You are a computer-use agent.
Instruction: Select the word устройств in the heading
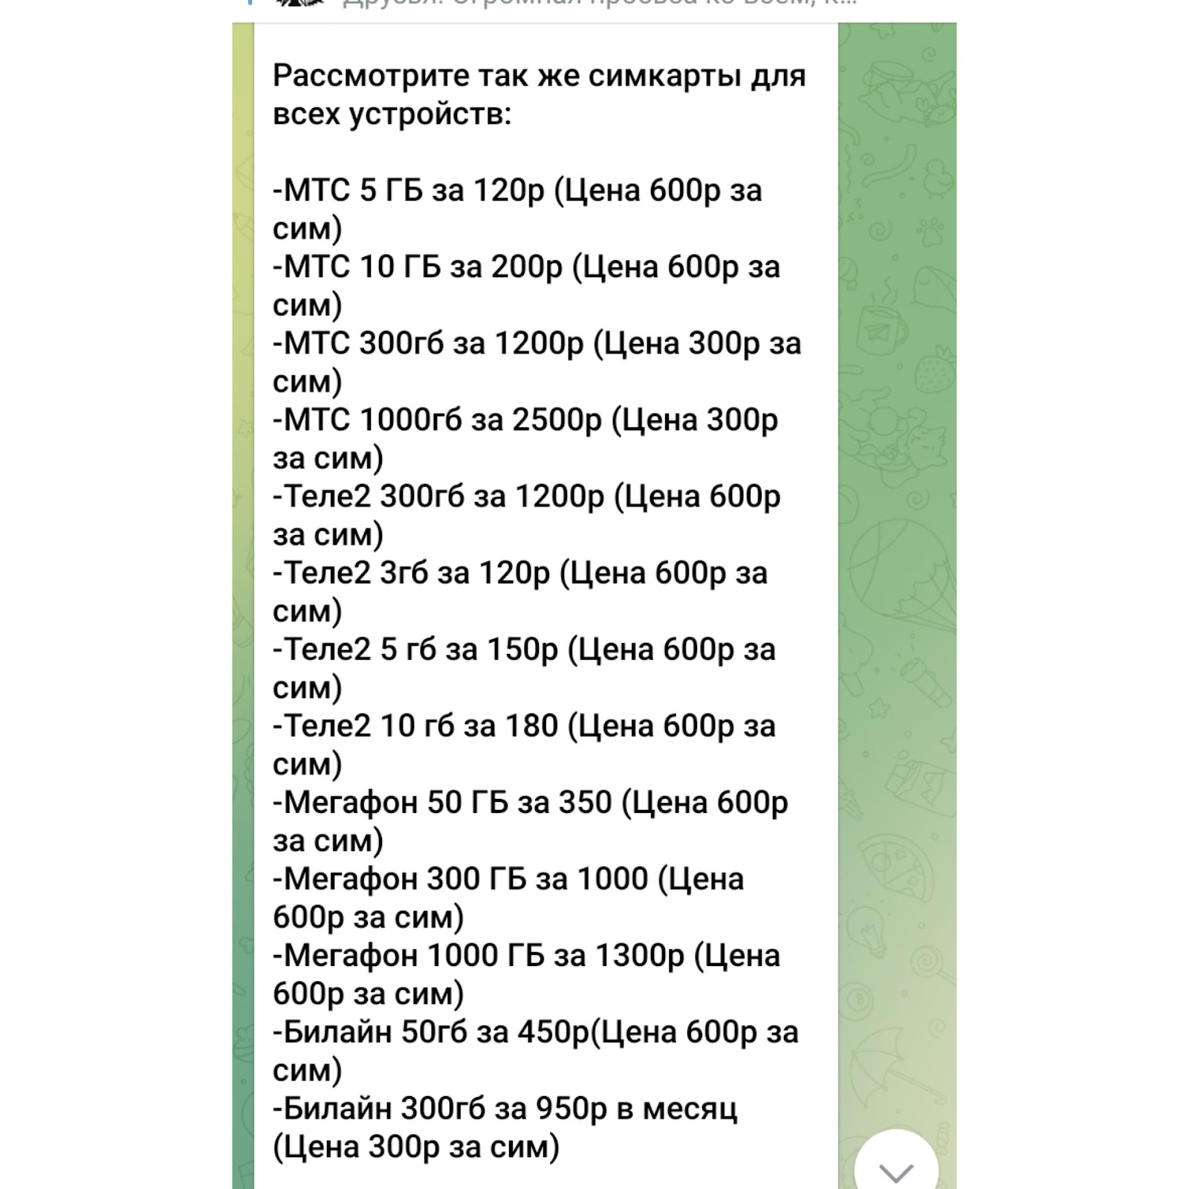[425, 114]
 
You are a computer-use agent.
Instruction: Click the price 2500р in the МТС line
[557, 420]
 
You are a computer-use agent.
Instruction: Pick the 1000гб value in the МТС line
[410, 420]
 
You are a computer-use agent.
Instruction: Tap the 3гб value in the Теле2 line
[404, 573]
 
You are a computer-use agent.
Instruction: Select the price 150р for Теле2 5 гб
[522, 649]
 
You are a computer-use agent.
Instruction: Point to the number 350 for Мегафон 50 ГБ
[585, 803]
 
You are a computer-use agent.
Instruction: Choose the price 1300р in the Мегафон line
[640, 956]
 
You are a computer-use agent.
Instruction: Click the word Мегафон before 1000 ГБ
[351, 956]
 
